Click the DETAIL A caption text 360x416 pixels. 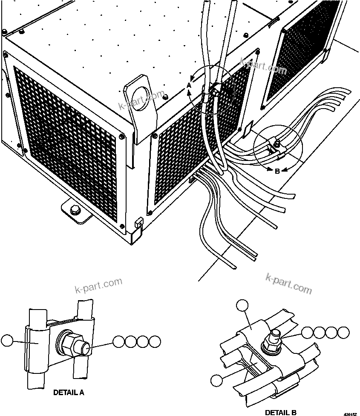(69, 393)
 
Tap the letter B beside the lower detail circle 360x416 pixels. (277, 171)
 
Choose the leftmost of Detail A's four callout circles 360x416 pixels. (119, 341)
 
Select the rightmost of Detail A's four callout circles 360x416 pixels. (156, 341)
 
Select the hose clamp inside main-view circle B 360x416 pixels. (275, 147)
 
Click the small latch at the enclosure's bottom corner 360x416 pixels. (138, 222)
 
